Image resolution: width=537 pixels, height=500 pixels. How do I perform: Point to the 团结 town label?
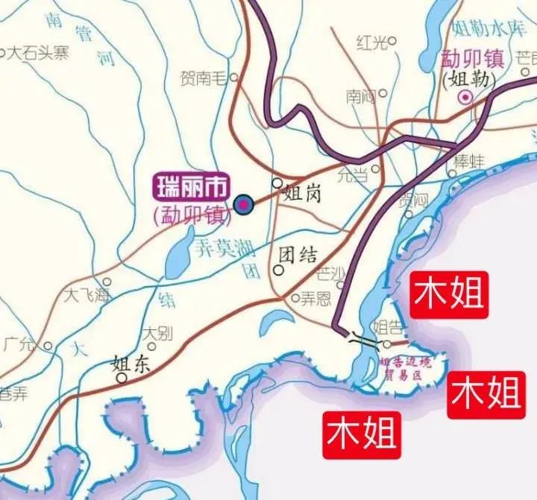pyautogui.click(x=297, y=256)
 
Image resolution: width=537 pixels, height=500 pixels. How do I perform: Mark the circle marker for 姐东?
pyautogui.click(x=121, y=378)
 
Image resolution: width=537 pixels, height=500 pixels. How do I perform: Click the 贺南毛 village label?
pyautogui.click(x=204, y=77)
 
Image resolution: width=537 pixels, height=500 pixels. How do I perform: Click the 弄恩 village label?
pyautogui.click(x=314, y=299)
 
